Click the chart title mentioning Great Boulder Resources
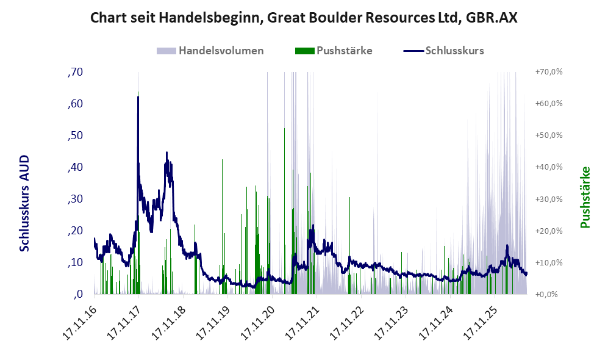tap(304, 18)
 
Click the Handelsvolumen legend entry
tap(210, 51)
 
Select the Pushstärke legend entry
tap(334, 51)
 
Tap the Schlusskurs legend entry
tap(443, 51)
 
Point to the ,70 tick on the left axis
tap(75, 72)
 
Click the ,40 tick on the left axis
tap(75, 167)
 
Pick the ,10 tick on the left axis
tap(75, 262)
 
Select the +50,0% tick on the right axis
tap(549, 135)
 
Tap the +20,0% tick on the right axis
tap(549, 231)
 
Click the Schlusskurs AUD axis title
tap(24, 203)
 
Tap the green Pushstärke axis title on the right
tap(585, 197)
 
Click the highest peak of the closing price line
tap(138, 96)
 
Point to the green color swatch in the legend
tap(304, 51)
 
